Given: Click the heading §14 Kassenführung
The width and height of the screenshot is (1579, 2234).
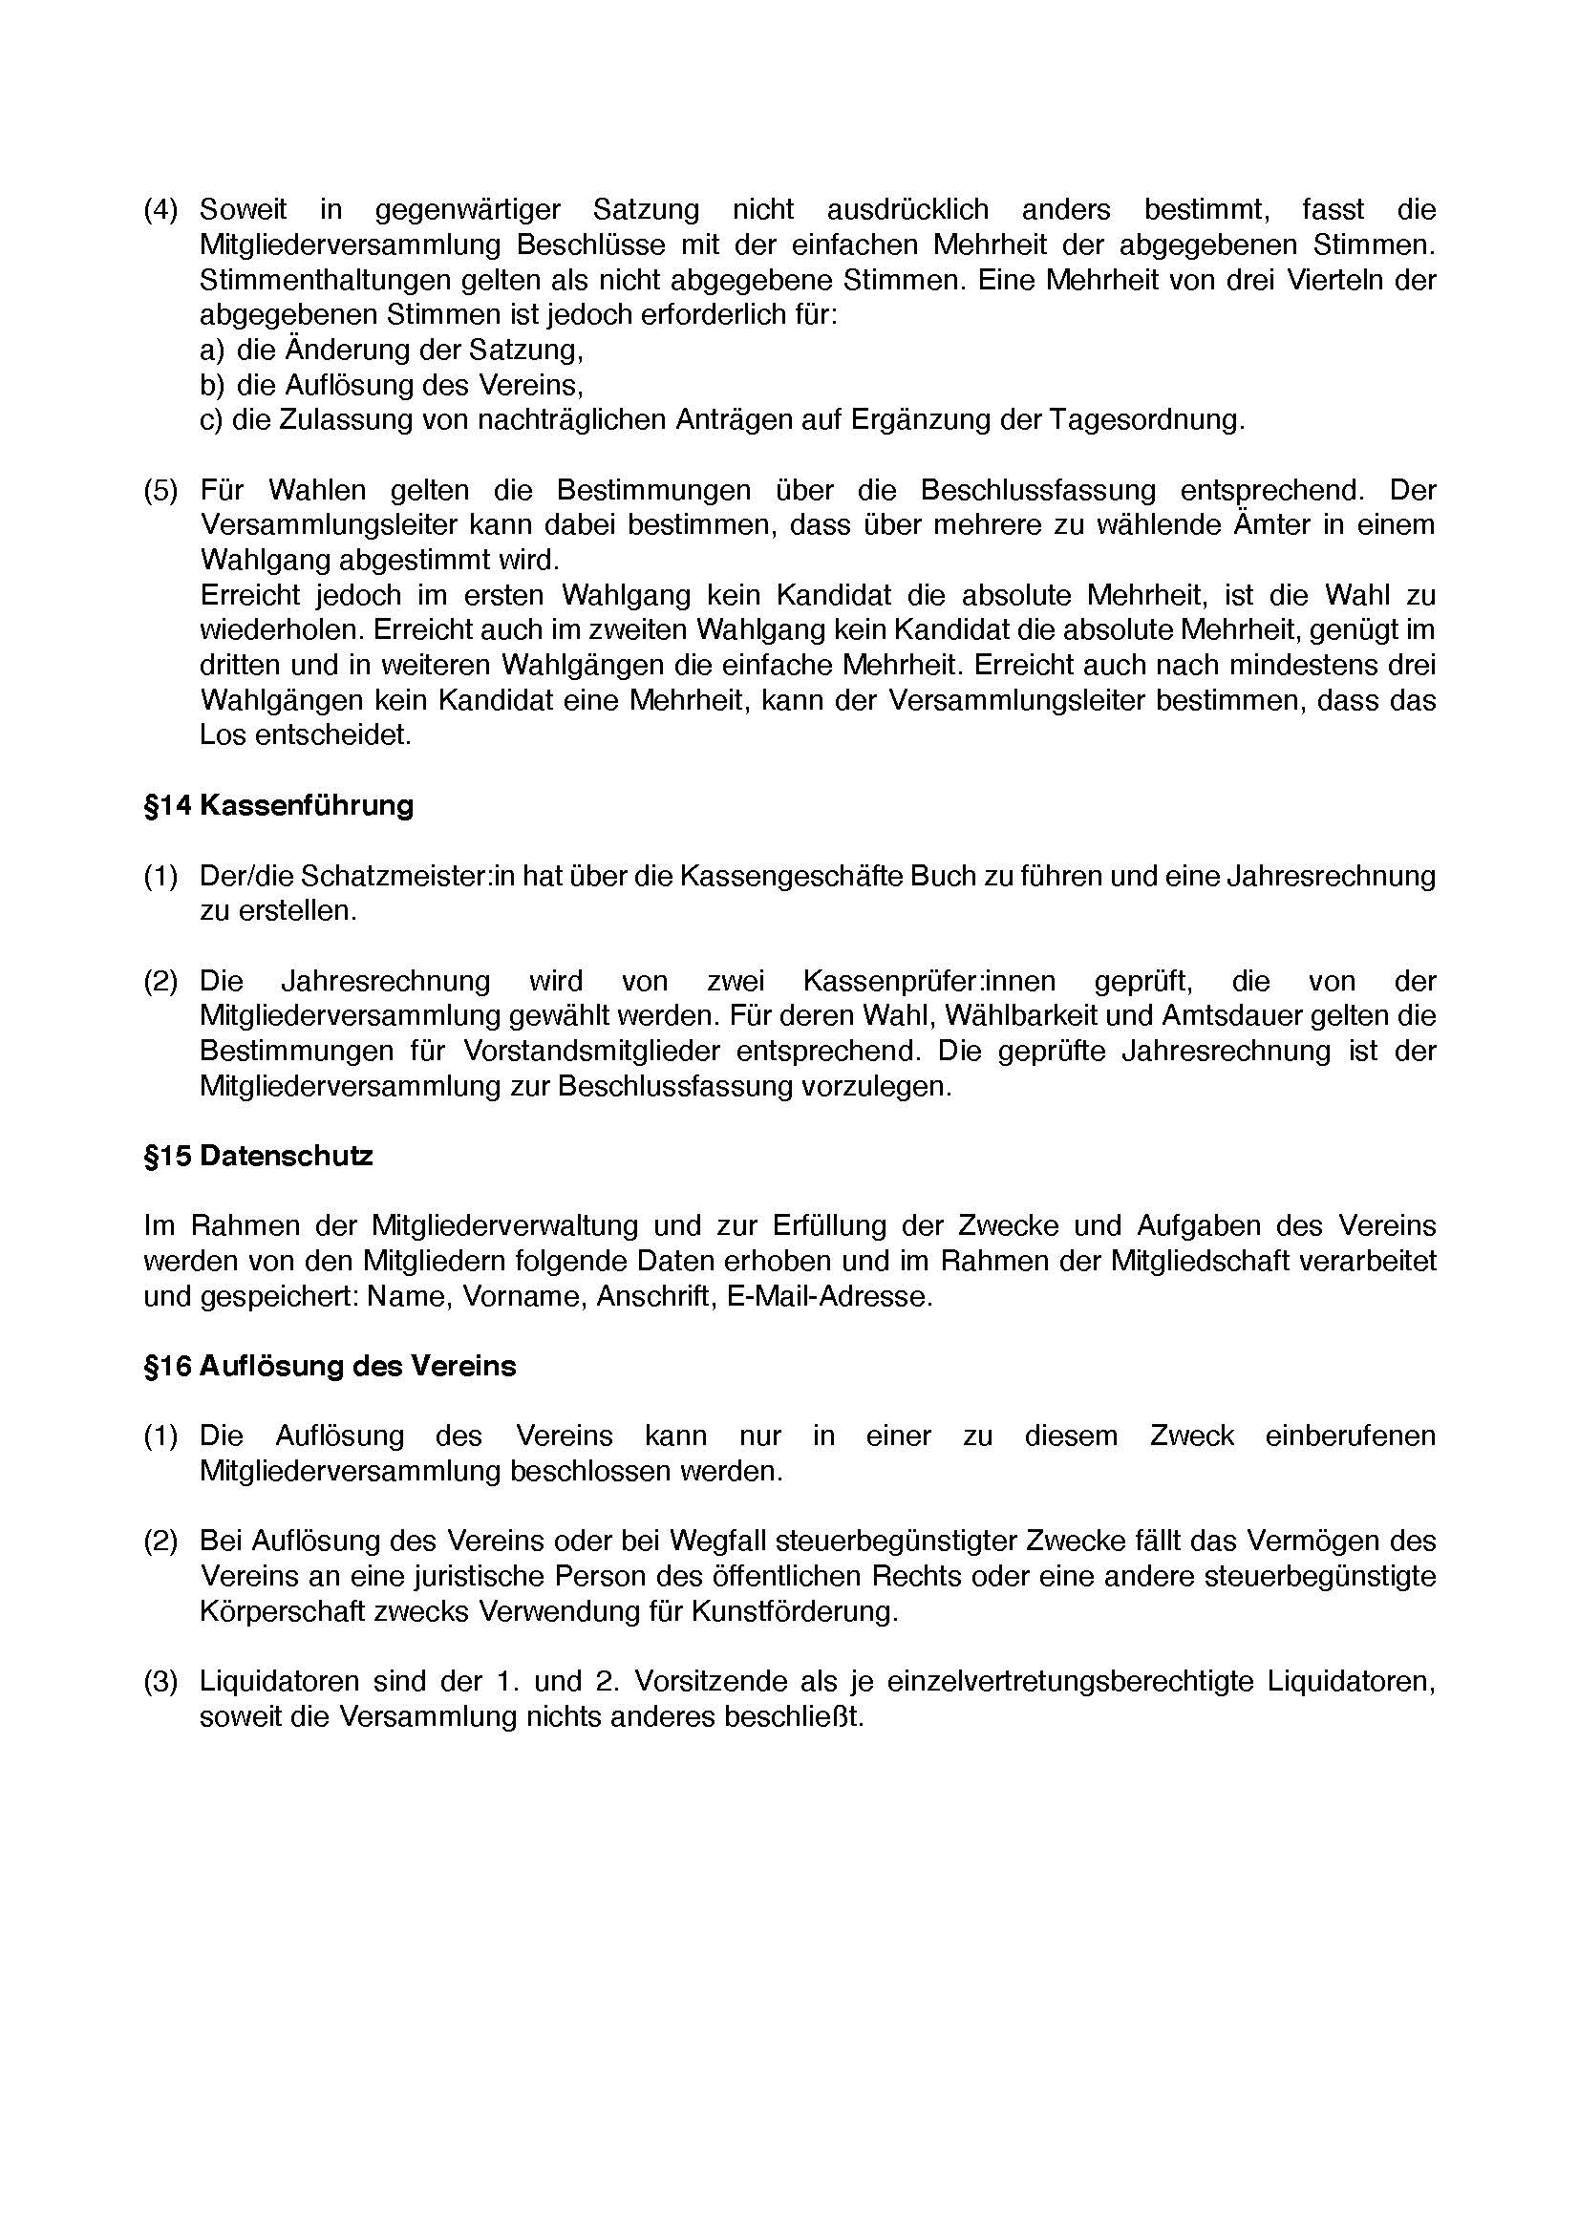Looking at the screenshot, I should pyautogui.click(x=278, y=806).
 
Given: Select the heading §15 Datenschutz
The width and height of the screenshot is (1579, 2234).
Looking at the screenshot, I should pyautogui.click(x=258, y=1156).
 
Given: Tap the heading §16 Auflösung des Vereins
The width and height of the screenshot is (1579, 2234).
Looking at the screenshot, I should pyautogui.click(x=330, y=1366).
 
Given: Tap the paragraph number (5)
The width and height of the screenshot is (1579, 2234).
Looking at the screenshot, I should pyautogui.click(x=160, y=490).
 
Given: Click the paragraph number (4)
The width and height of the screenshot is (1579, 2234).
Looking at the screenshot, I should pyautogui.click(x=160, y=210).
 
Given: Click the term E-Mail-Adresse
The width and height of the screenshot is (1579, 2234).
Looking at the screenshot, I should pyautogui.click(x=829, y=1297).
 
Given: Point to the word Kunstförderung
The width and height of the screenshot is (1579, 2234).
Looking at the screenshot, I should pyautogui.click(x=793, y=1611).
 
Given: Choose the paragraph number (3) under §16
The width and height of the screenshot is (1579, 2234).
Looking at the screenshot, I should pyautogui.click(x=160, y=1681).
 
